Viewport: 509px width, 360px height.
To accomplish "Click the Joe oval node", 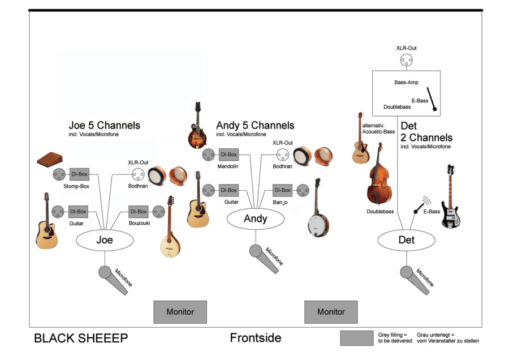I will pyautogui.click(x=105, y=240).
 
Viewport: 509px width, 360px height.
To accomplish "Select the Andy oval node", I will pyautogui.click(x=256, y=219).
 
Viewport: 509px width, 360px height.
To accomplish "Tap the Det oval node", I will pyautogui.click(x=407, y=240).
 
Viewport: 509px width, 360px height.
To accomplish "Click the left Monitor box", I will pyautogui.click(x=180, y=312).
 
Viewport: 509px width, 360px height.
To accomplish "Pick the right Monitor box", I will pyautogui.click(x=331, y=312).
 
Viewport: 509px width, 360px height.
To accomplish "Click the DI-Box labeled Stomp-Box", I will pyautogui.click(x=79, y=174).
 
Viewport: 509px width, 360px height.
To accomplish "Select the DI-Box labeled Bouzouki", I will pyautogui.click(x=139, y=212).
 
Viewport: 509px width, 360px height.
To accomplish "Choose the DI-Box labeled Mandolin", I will pyautogui.click(x=228, y=154).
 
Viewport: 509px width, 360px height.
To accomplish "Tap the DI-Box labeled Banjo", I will pyautogui.click(x=282, y=190).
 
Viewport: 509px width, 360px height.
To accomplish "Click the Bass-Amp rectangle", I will pyautogui.click(x=406, y=92).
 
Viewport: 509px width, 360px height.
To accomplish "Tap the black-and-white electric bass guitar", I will pyautogui.click(x=451, y=199).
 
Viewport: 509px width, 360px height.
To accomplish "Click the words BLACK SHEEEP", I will pyautogui.click(x=81, y=338).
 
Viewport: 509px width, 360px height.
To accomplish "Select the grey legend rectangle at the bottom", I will pyautogui.click(x=356, y=338).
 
